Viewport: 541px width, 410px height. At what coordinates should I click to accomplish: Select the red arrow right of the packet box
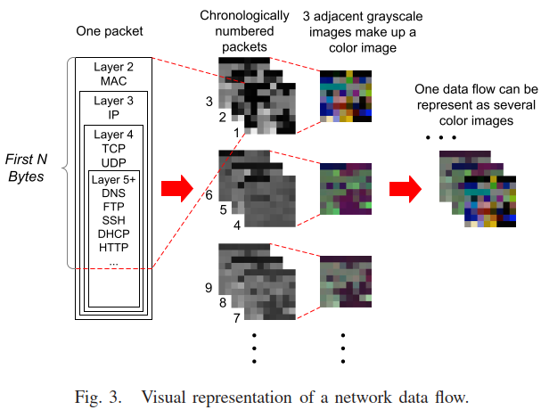(176, 188)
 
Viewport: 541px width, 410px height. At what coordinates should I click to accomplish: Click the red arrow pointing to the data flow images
(405, 188)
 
